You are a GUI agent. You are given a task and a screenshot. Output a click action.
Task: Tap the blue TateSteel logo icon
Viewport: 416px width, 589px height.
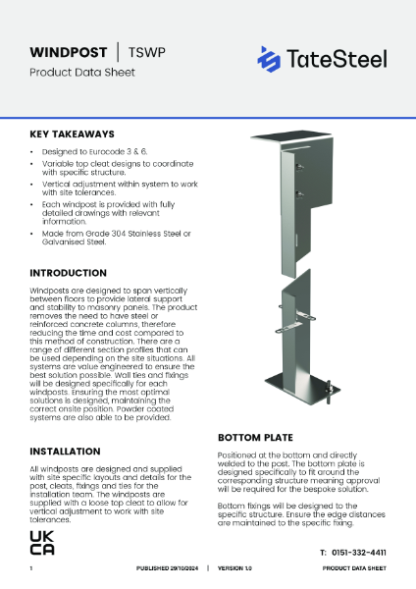click(269, 59)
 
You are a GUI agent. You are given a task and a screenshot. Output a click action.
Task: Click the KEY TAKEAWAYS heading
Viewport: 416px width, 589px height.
click(72, 134)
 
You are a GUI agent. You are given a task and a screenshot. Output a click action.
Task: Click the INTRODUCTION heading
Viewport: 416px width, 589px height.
click(75, 272)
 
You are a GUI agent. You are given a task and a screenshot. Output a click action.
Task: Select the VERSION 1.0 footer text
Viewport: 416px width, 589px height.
click(235, 568)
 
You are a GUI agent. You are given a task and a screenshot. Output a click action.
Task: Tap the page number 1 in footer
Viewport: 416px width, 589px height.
click(31, 568)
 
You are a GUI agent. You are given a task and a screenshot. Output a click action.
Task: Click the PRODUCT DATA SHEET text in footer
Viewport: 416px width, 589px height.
click(353, 568)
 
